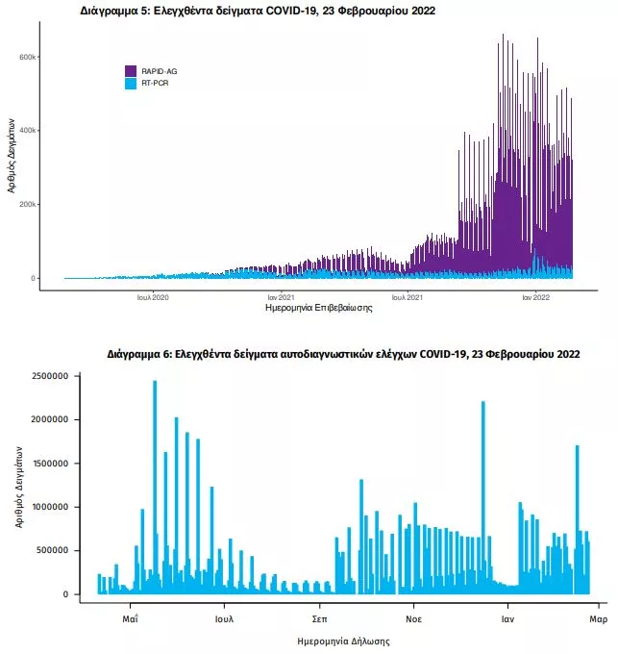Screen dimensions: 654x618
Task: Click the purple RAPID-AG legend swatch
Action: (x=131, y=71)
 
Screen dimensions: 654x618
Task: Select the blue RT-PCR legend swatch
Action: (x=131, y=84)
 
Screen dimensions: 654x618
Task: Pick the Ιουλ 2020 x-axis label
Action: (x=153, y=298)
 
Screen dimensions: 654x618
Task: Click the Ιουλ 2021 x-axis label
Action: (x=408, y=298)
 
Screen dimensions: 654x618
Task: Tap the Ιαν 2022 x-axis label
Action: (x=536, y=298)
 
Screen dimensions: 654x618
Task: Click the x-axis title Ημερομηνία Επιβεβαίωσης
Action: (x=318, y=310)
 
